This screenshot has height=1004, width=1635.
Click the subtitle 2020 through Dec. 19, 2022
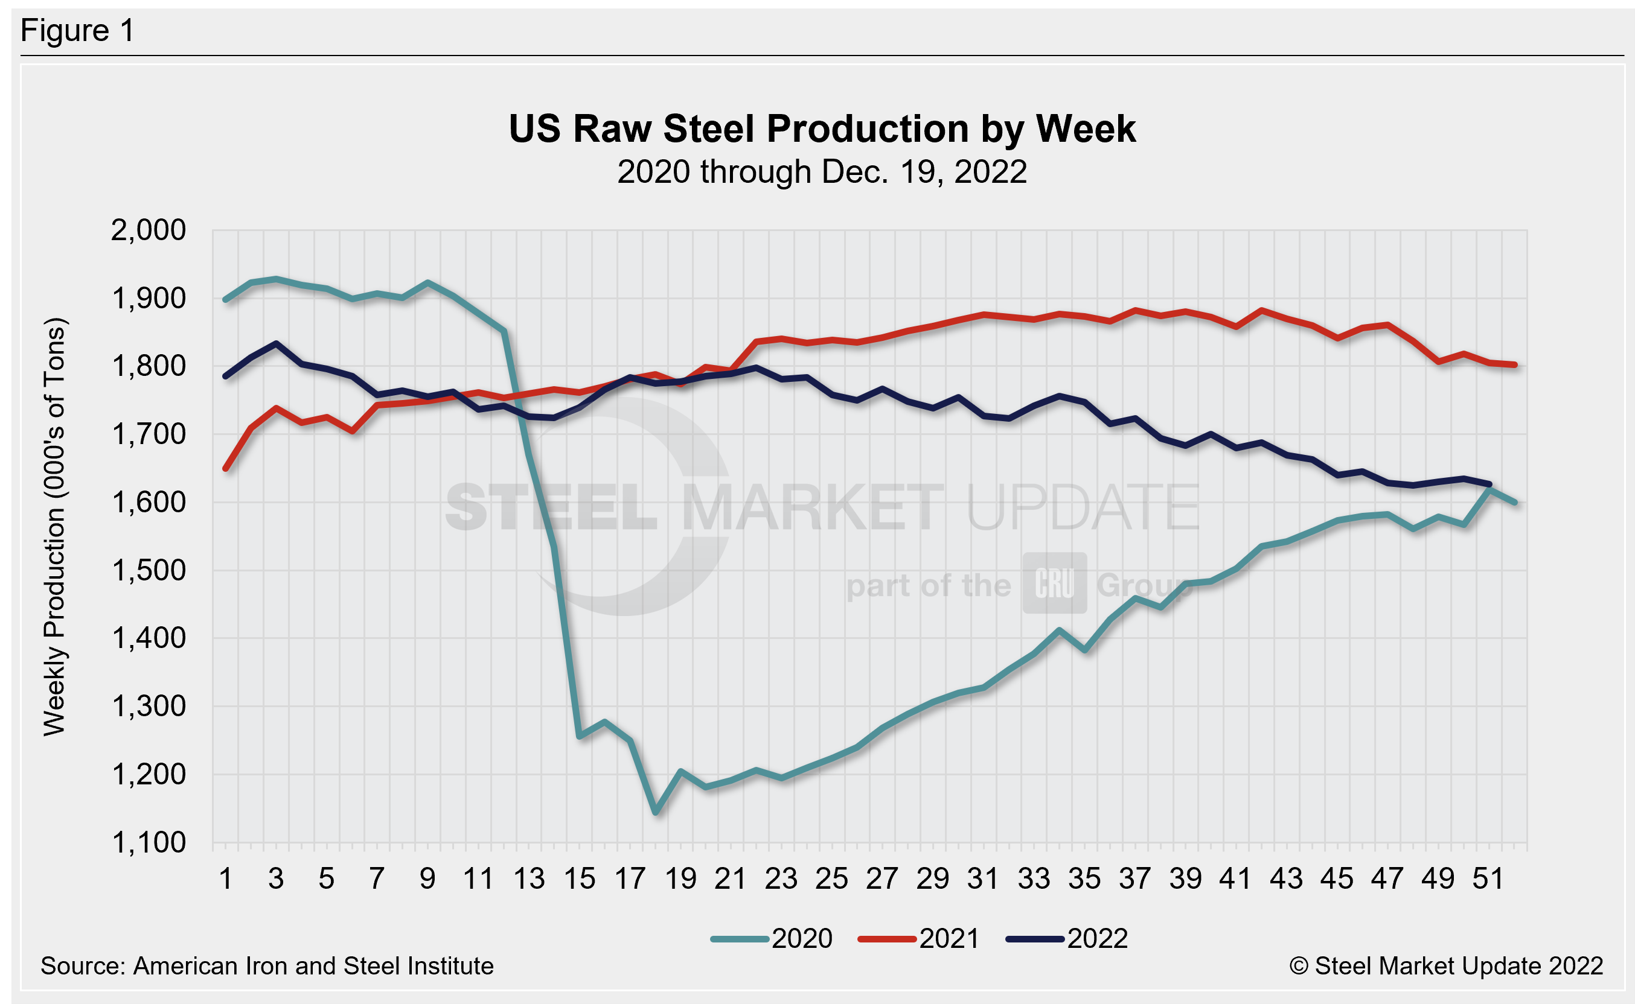click(822, 172)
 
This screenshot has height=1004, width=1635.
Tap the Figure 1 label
click(78, 31)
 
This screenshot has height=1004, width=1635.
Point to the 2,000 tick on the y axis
click(148, 230)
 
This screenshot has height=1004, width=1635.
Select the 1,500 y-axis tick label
click(148, 570)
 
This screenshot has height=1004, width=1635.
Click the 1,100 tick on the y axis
click(148, 843)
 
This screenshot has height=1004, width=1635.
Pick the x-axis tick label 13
click(529, 879)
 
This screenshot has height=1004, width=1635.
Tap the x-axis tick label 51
click(1488, 879)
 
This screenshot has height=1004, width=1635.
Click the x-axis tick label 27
click(881, 879)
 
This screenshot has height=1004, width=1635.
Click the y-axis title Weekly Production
click(54, 527)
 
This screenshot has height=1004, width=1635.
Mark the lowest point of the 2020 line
click(656, 812)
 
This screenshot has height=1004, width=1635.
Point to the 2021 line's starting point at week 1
click(226, 469)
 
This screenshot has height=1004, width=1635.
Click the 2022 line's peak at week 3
click(277, 344)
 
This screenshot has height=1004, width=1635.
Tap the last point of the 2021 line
click(1515, 364)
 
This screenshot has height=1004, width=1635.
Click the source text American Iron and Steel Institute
click(267, 966)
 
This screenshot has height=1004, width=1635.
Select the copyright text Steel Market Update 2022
click(1446, 966)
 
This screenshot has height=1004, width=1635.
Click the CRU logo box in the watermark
click(1054, 583)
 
